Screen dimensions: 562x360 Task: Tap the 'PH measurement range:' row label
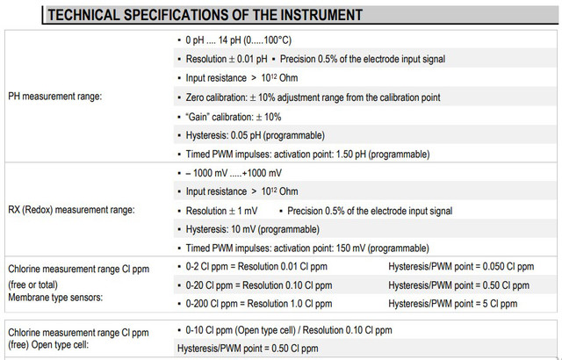click(x=54, y=97)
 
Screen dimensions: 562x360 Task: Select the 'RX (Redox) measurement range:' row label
click(x=71, y=210)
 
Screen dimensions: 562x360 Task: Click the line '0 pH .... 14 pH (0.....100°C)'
click(x=238, y=40)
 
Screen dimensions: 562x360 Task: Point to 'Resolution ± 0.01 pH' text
click(x=227, y=59)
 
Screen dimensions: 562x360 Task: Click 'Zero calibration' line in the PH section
click(x=313, y=97)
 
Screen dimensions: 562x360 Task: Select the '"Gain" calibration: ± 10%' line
click(x=234, y=117)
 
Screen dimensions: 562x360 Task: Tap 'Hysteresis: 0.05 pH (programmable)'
click(x=256, y=135)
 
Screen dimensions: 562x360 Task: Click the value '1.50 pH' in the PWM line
click(x=351, y=155)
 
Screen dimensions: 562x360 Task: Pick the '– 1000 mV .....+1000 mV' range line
click(x=234, y=173)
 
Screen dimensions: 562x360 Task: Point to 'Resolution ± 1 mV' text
click(x=221, y=211)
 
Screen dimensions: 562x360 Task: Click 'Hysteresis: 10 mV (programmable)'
click(x=252, y=229)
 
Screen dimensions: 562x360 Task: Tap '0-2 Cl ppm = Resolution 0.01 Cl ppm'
click(x=256, y=267)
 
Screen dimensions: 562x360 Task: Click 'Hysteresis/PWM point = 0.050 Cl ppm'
click(x=461, y=267)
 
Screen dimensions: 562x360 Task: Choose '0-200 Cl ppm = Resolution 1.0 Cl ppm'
click(x=259, y=304)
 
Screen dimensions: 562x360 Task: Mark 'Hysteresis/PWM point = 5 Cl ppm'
click(x=453, y=304)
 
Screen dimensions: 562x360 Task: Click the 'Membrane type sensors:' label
click(x=55, y=298)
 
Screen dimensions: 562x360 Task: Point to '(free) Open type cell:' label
click(x=48, y=345)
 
